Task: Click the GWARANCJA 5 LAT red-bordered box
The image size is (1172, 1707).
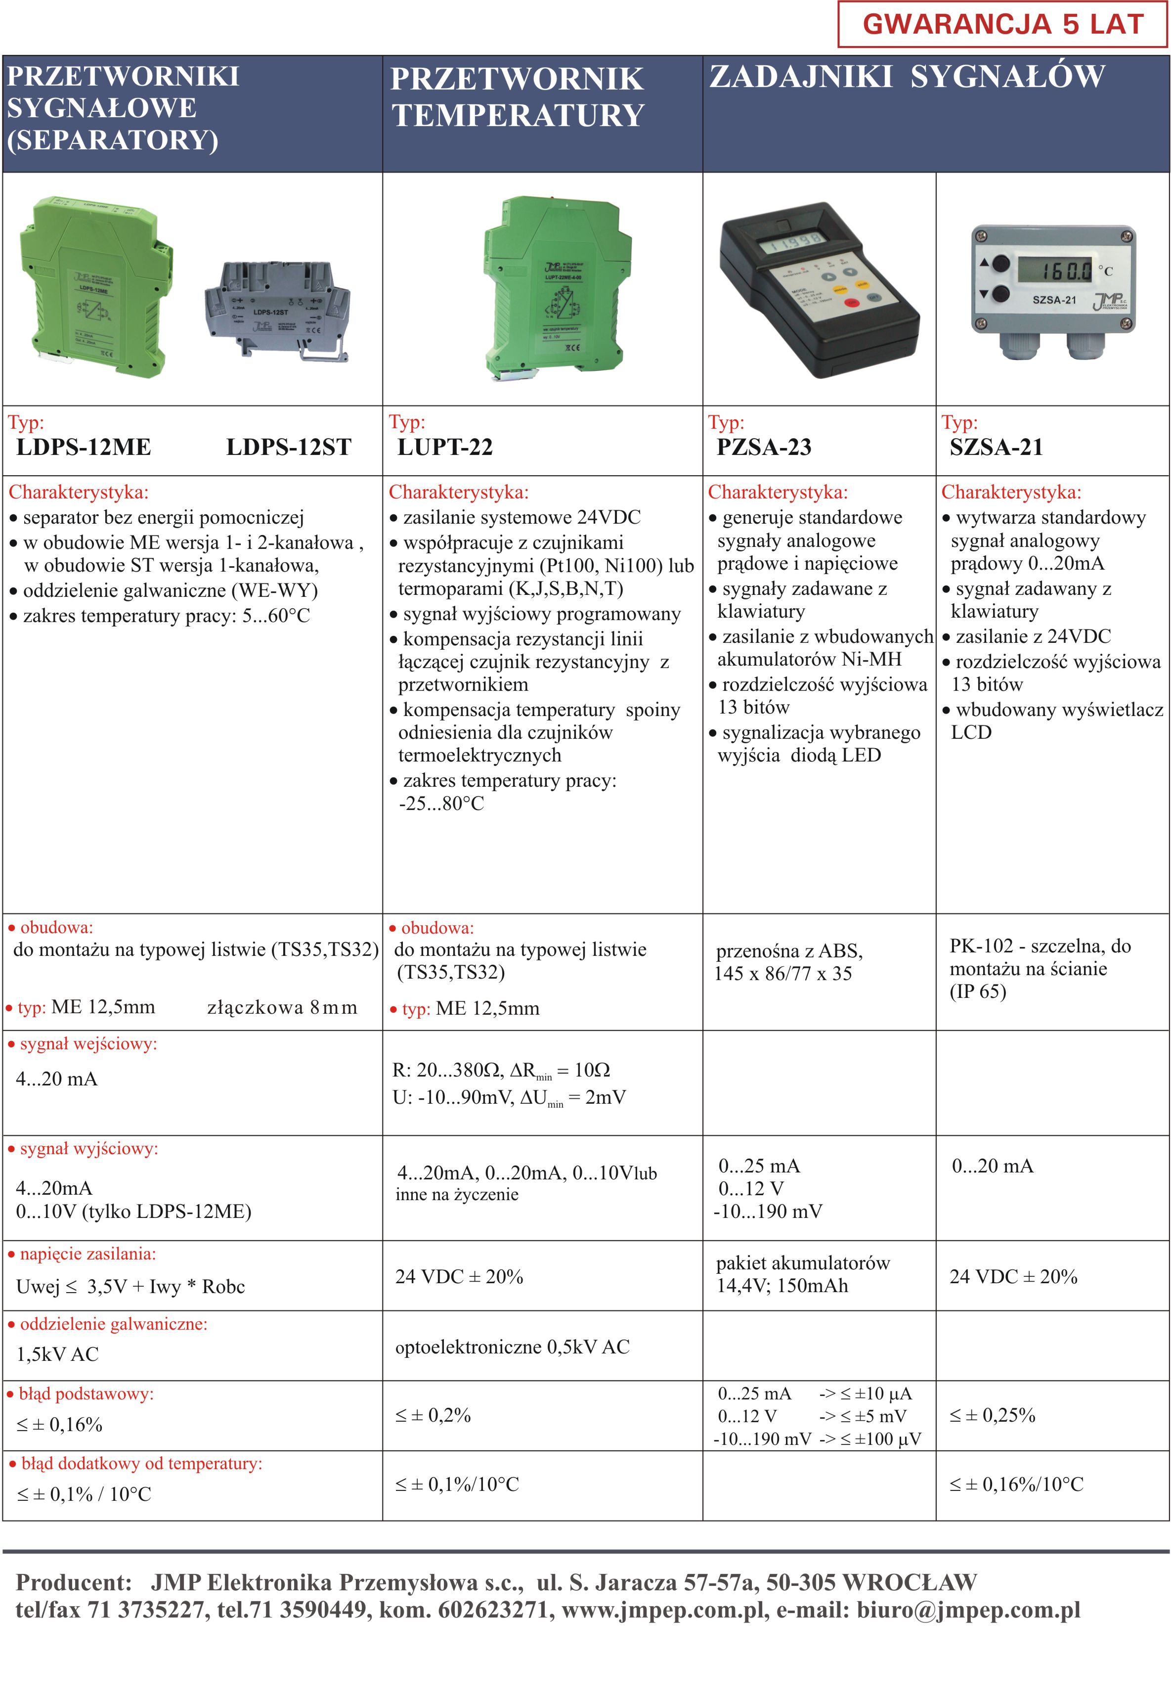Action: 1002,24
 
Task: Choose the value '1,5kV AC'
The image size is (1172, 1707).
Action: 57,1354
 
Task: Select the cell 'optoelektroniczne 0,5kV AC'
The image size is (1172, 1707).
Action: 512,1347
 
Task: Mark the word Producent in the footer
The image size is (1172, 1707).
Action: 74,1581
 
